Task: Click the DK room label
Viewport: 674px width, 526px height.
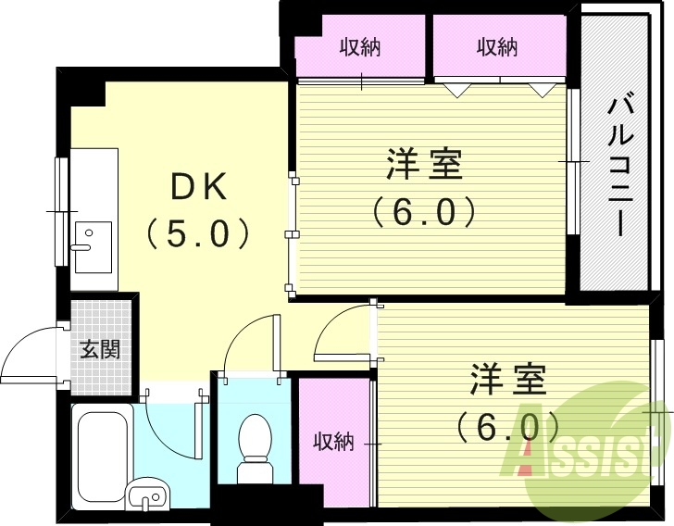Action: tap(198, 188)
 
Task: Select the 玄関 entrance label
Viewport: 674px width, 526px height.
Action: tap(97, 350)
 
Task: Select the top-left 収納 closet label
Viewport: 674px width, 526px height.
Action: tap(360, 46)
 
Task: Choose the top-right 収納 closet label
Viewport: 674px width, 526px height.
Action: tap(497, 46)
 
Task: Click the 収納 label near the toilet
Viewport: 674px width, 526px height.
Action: tap(333, 442)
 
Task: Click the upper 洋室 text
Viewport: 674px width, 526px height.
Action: tap(424, 167)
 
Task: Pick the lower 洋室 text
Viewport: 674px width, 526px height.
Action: tap(508, 380)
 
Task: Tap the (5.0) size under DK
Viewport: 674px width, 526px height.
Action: tap(198, 231)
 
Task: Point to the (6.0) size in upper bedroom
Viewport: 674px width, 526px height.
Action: tap(424, 212)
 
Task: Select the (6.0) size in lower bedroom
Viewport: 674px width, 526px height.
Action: tap(508, 425)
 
